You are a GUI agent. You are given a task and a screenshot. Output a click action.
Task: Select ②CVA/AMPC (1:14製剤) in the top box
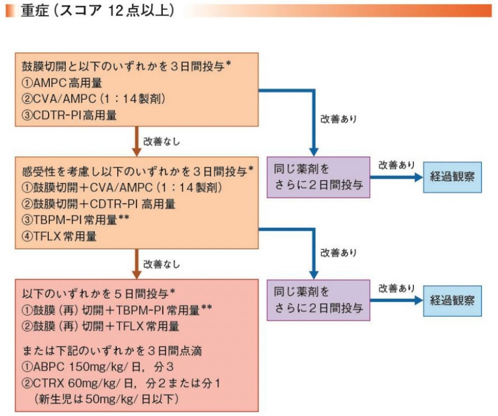coord(86,99)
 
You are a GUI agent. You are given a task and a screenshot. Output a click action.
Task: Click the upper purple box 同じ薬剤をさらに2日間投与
coord(318,177)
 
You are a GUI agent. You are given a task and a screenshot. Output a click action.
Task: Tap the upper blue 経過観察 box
coord(452,177)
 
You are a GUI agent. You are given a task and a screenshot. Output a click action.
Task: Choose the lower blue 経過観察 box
coord(452,300)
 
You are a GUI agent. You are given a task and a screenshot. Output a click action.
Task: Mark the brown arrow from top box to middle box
coord(136,141)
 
